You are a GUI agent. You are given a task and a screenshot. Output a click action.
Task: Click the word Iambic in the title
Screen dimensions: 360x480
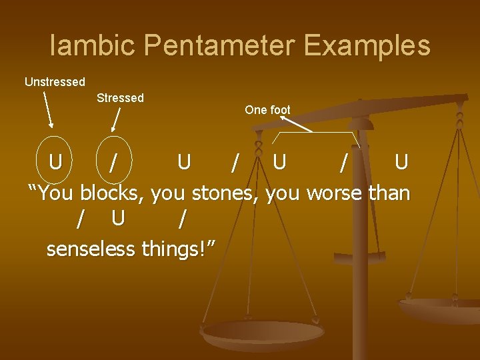click(x=93, y=46)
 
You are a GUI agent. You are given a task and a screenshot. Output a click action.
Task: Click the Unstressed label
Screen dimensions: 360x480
click(x=55, y=82)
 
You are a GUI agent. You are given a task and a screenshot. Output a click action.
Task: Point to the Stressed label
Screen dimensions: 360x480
click(x=120, y=98)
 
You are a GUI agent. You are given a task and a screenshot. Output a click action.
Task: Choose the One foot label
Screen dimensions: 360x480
click(x=267, y=109)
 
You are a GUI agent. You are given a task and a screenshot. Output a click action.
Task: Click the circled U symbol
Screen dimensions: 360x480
click(x=56, y=162)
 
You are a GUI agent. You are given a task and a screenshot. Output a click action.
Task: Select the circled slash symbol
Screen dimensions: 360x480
click(x=115, y=162)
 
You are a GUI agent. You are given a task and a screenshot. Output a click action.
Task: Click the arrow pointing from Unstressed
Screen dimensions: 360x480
click(x=48, y=110)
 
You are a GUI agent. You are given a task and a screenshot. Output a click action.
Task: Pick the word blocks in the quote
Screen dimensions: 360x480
click(x=113, y=193)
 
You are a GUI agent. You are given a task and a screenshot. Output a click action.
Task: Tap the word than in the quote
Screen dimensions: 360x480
click(x=389, y=193)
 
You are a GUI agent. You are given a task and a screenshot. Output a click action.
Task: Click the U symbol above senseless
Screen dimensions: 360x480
click(x=118, y=218)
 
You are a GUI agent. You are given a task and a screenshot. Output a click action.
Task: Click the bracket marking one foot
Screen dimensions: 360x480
click(x=317, y=133)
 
